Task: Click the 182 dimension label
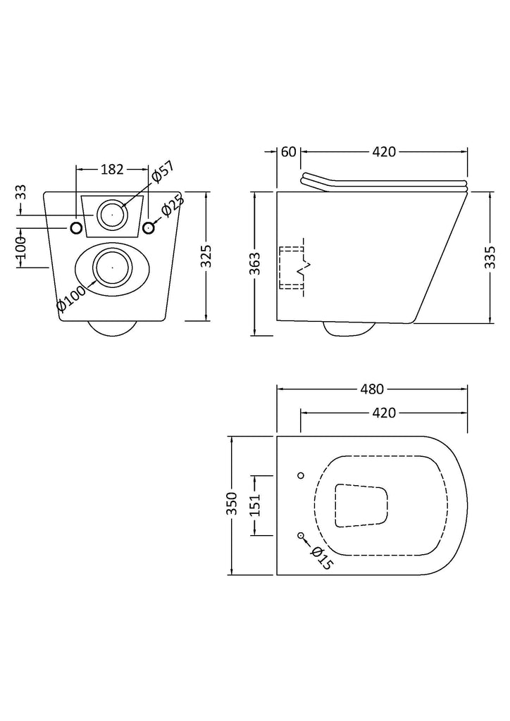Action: click(x=112, y=169)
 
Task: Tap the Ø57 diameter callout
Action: click(x=163, y=172)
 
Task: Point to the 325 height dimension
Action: click(x=206, y=256)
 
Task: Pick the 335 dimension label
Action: click(x=491, y=257)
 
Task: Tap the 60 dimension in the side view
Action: click(x=288, y=151)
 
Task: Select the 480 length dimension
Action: click(x=371, y=389)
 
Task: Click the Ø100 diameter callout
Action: click(x=71, y=299)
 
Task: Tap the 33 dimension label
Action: click(x=20, y=192)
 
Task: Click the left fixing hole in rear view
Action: click(x=76, y=227)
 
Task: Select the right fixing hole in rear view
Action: click(x=148, y=227)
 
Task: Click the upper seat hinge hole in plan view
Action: click(x=301, y=475)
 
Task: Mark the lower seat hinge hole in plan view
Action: click(x=301, y=535)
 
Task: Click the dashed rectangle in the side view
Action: click(x=292, y=268)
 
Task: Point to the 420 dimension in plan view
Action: click(x=383, y=413)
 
